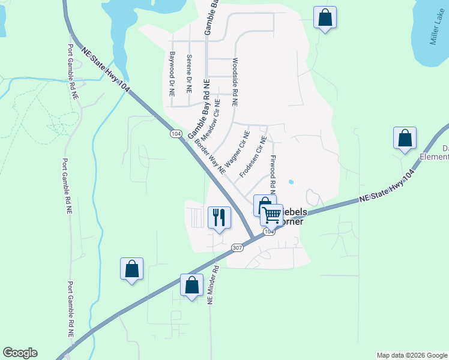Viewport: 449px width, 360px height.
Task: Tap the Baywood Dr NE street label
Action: tap(172, 74)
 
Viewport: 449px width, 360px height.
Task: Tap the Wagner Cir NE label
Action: tap(237, 149)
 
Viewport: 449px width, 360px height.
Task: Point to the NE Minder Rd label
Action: tap(211, 285)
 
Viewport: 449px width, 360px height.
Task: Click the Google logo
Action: tap(20, 353)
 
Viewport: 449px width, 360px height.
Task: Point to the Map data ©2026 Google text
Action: tap(411, 355)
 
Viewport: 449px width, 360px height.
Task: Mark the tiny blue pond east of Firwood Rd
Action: tap(291, 182)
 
